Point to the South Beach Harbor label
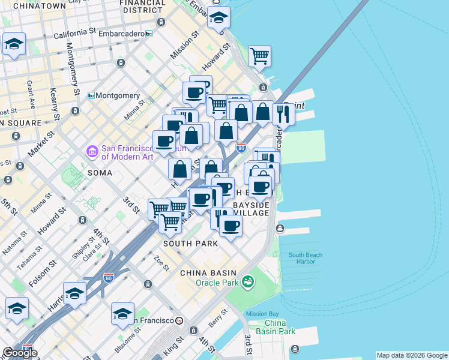(x=306, y=258)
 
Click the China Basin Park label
(x=276, y=327)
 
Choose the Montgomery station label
(x=118, y=95)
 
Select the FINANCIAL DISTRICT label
(x=143, y=6)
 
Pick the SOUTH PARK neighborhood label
(x=190, y=244)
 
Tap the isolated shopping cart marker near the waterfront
(x=259, y=56)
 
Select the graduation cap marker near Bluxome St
(x=122, y=313)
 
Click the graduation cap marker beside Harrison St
(x=75, y=293)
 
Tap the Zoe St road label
(x=161, y=263)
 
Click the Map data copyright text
(x=411, y=355)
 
